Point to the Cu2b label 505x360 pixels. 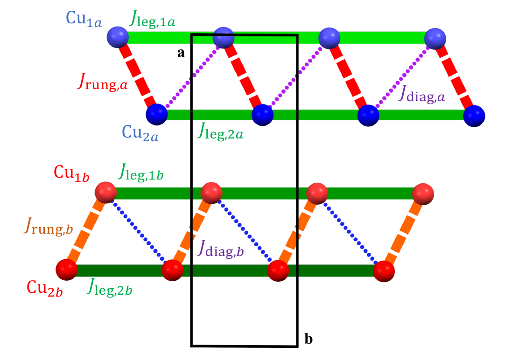(44, 285)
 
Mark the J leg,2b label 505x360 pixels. (109, 289)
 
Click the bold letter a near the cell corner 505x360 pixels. (181, 53)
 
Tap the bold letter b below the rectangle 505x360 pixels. (309, 339)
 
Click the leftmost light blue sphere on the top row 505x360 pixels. (117, 36)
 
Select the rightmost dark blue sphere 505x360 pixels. (474, 115)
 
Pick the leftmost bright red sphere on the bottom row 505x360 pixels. (66, 270)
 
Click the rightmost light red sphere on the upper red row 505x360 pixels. (424, 193)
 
